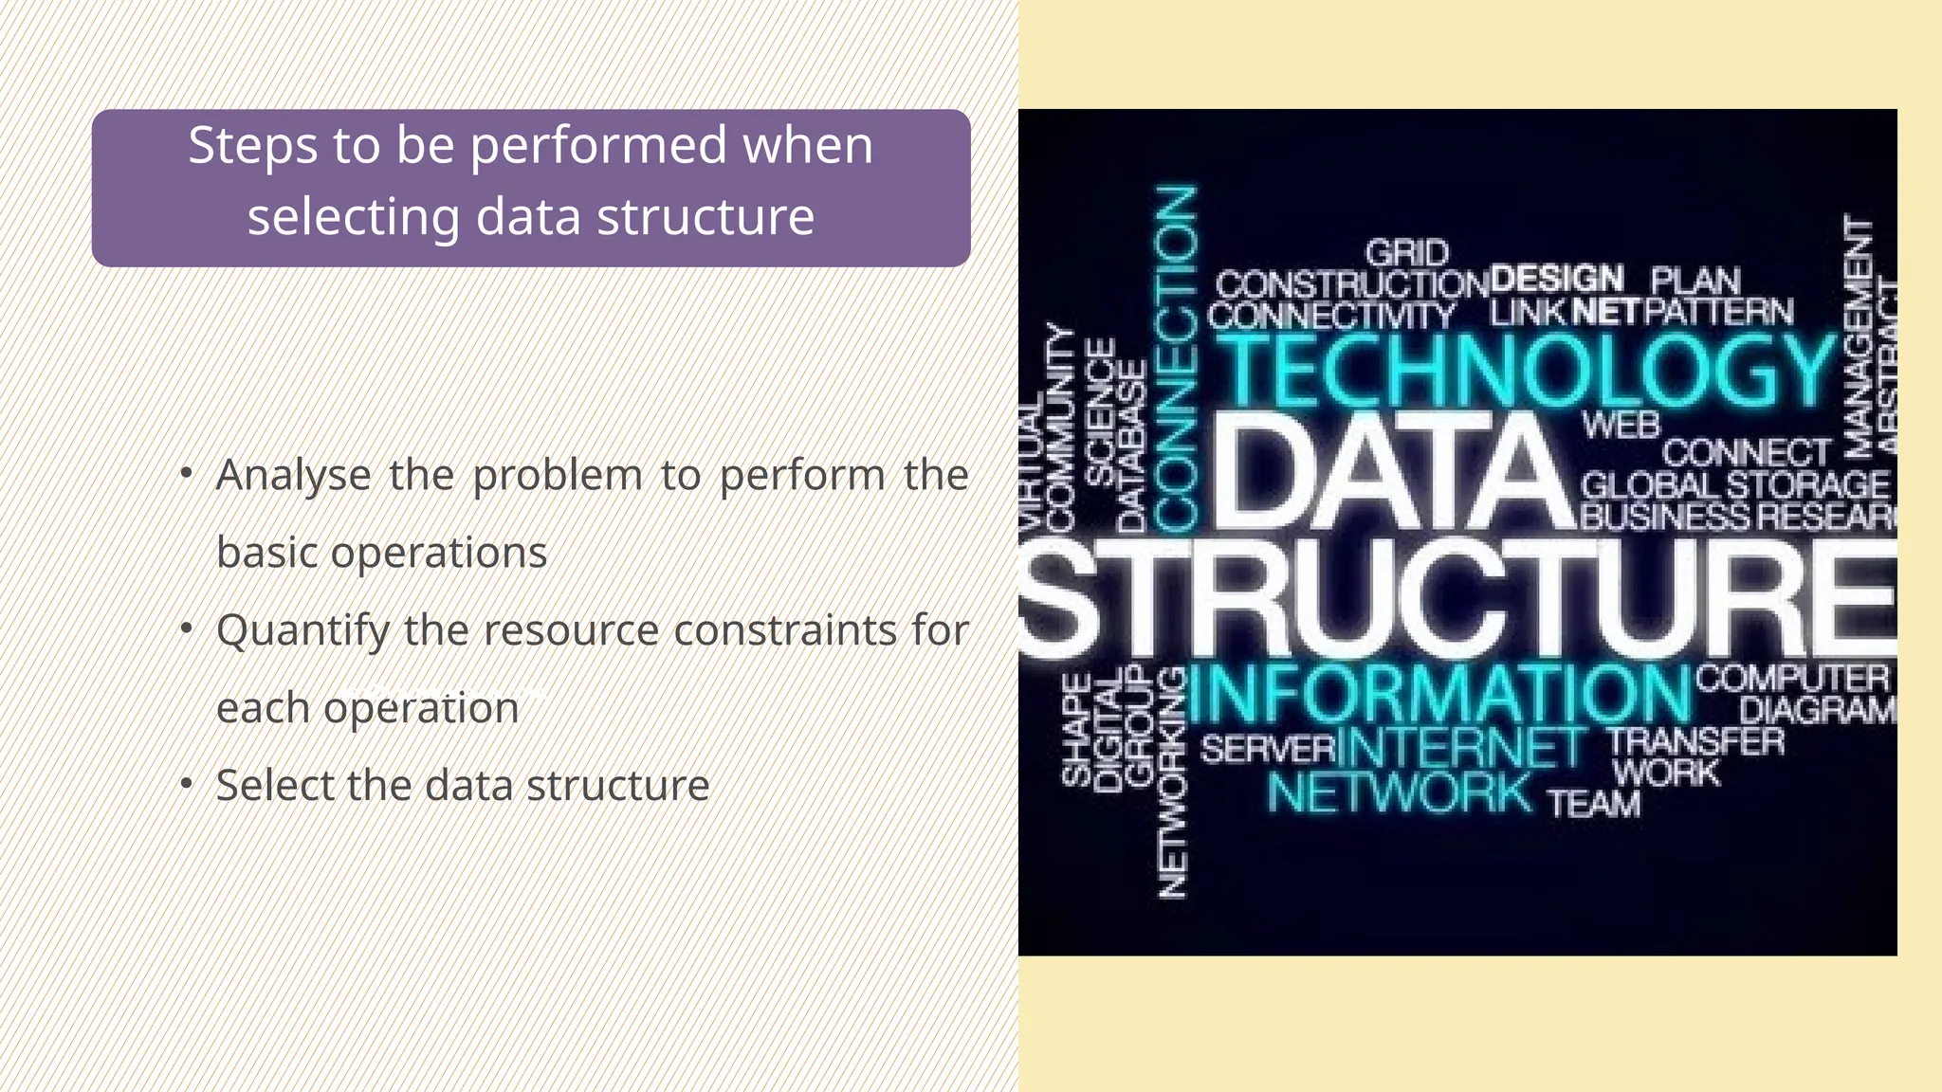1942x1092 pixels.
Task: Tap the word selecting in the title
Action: coord(353,218)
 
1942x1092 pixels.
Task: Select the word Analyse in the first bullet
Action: coord(293,475)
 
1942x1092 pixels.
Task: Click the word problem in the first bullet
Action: coord(558,475)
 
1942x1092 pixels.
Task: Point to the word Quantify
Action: coord(302,631)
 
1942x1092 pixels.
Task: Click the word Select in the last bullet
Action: coord(274,786)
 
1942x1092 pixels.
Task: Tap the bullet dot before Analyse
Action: coord(187,472)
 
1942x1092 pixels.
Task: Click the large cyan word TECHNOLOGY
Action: coord(1527,371)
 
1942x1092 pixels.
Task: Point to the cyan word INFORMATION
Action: coord(1439,694)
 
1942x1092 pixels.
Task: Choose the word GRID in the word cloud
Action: coord(1407,253)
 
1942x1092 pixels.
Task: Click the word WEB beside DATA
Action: coord(1621,425)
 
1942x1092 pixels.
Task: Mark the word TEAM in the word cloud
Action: coord(1594,804)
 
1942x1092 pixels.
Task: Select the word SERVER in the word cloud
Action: coord(1267,750)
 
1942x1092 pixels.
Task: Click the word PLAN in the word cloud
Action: coord(1695,281)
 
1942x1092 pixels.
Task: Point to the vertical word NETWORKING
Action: coord(1173,782)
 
